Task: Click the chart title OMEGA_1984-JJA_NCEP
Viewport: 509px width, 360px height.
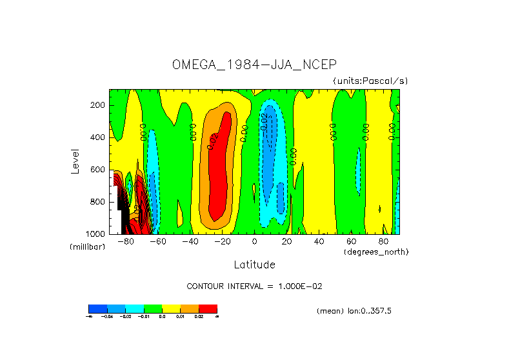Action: [254, 65]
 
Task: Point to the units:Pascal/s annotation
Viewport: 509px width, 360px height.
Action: [370, 81]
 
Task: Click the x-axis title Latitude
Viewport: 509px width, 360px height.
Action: [254, 265]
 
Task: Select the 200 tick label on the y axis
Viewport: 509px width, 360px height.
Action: [98, 105]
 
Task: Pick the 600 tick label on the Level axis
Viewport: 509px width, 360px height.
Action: [98, 170]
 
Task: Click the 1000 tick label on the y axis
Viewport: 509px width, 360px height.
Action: [96, 234]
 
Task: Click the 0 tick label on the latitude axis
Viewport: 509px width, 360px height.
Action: [255, 242]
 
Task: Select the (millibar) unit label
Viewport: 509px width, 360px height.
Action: [87, 248]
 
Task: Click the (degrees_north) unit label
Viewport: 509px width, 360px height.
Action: [376, 251]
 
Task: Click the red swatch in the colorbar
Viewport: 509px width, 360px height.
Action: [208, 308]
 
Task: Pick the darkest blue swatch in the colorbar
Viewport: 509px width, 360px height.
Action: [97, 308]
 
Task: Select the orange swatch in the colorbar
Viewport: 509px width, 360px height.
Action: [189, 308]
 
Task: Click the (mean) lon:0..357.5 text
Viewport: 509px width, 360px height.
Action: [354, 311]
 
